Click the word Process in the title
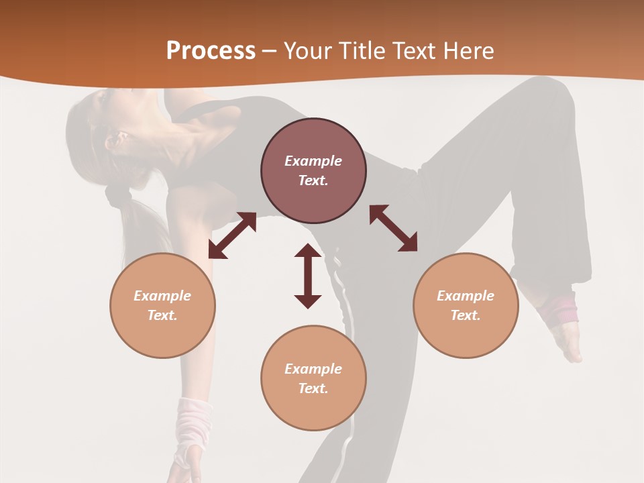[211, 51]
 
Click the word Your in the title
[309, 51]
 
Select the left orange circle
[162, 305]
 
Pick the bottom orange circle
[313, 378]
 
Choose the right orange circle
[466, 305]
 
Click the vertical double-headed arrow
[308, 276]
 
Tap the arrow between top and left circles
[232, 235]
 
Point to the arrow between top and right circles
[393, 228]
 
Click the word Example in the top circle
[313, 161]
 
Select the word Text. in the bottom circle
[313, 388]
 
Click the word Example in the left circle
[162, 296]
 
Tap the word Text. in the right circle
[466, 315]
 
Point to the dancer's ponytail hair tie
[119, 195]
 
